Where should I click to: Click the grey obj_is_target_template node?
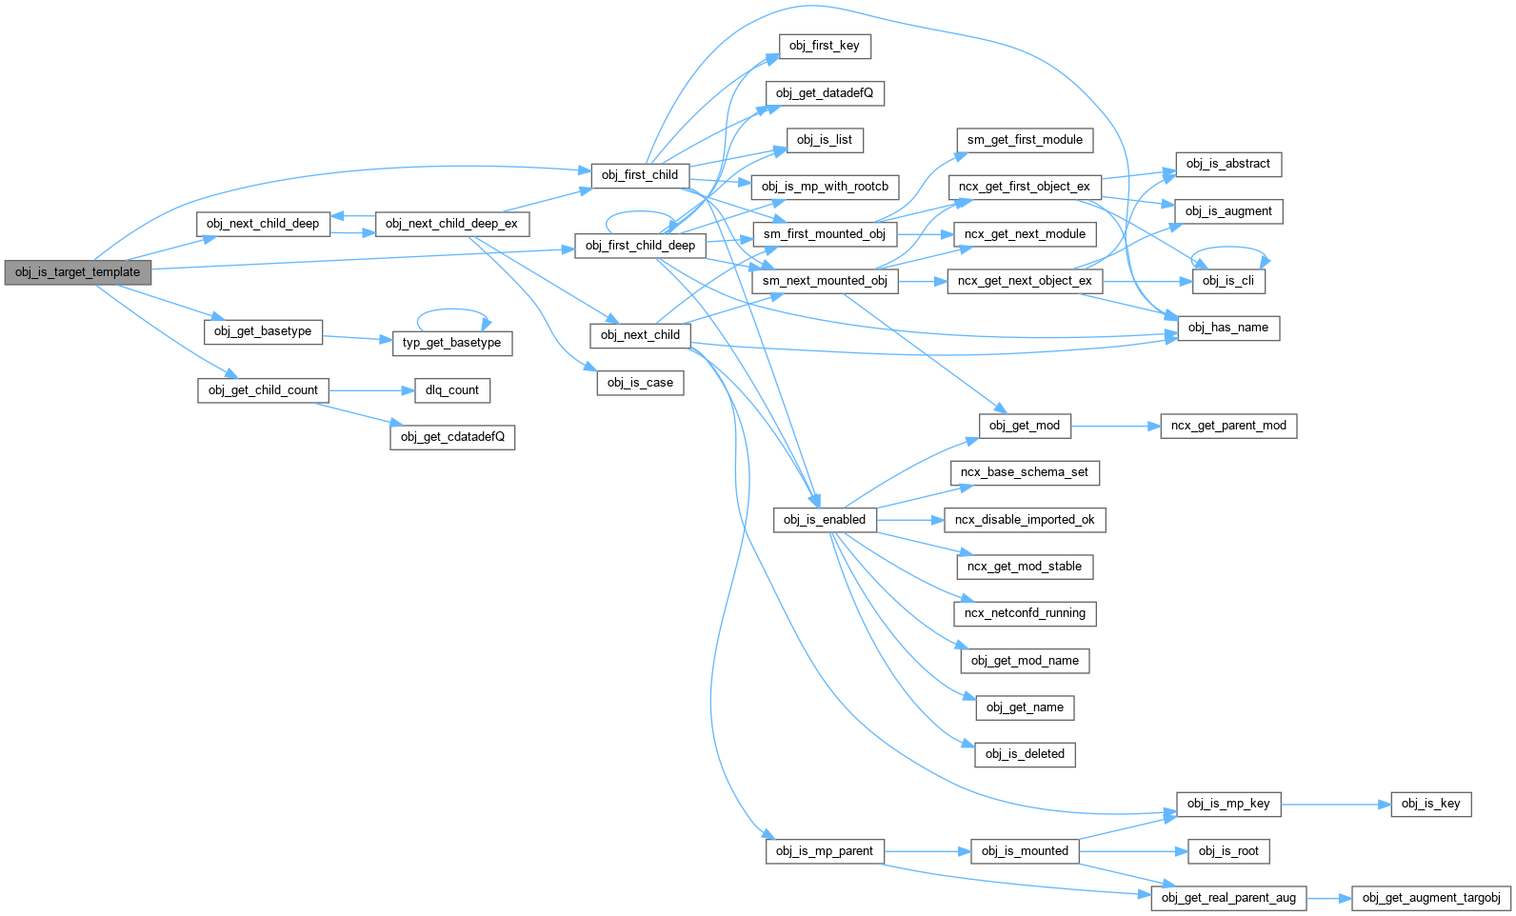click(77, 272)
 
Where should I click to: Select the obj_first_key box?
click(824, 46)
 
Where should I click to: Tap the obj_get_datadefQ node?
click(824, 93)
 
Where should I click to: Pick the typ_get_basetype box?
click(451, 343)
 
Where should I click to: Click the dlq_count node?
click(451, 390)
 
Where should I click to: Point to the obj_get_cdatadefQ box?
click(452, 437)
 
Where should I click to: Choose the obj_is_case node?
click(640, 383)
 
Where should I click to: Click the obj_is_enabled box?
click(824, 520)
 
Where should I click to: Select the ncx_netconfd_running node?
click(1025, 613)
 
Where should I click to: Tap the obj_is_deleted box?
click(1025, 754)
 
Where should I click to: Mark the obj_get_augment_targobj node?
click(1430, 898)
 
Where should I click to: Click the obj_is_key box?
click(1430, 804)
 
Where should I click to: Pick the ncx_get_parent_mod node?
click(1227, 426)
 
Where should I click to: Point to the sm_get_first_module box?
click(1025, 140)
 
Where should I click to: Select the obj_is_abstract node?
click(1227, 164)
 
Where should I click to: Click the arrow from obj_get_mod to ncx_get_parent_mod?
click(1115, 426)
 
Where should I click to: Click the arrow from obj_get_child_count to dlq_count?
click(370, 390)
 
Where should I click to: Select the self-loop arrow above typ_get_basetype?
click(452, 309)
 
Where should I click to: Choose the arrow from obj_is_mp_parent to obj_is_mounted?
click(927, 851)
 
